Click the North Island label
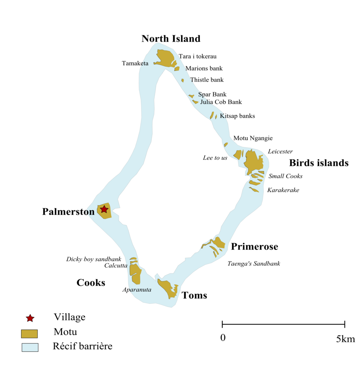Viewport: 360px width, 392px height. tap(171, 39)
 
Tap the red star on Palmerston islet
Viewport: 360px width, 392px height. tap(104, 209)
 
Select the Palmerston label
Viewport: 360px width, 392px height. tap(68, 212)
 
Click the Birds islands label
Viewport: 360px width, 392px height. tap(319, 163)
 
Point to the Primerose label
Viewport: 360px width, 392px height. tap(255, 246)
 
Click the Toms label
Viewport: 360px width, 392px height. tap(194, 295)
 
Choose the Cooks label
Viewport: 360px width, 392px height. tap(91, 283)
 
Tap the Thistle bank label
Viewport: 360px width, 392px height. tap(207, 80)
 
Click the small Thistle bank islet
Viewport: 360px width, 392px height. tap(183, 80)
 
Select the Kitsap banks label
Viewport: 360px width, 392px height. tap(237, 116)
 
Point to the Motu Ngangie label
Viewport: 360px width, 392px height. tap(253, 138)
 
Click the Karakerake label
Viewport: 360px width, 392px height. tap(283, 190)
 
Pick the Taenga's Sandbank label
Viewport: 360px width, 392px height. tap(254, 263)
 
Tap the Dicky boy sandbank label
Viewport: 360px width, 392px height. tap(94, 259)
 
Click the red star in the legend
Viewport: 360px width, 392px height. tap(30, 318)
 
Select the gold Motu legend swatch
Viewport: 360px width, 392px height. tap(29, 334)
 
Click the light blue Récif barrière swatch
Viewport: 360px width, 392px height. tap(30, 347)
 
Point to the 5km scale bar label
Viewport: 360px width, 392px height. tap(345, 339)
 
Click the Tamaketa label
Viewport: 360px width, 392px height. tap(135, 63)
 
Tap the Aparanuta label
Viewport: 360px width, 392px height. tap(137, 290)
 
